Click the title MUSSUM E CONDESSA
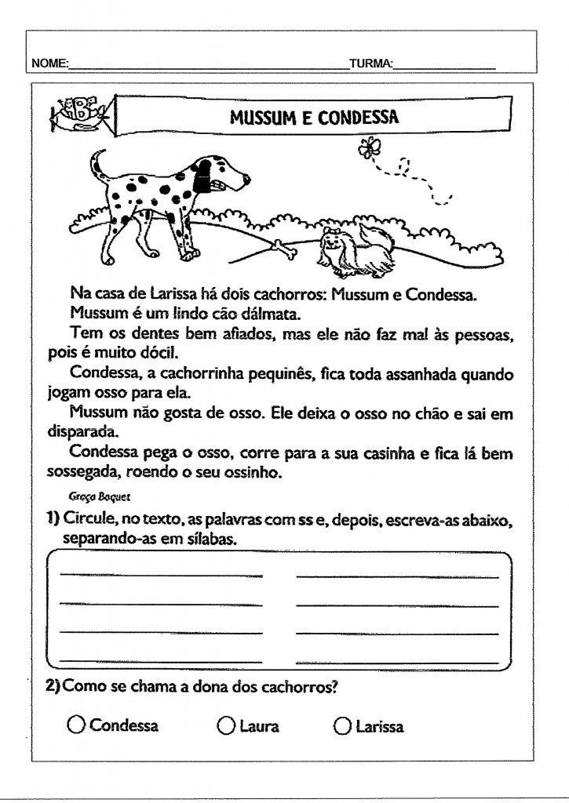point(314,118)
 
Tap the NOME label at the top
point(49,63)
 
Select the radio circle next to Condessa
point(77,725)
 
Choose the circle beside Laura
point(226,726)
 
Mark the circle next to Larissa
point(342,726)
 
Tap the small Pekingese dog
point(345,249)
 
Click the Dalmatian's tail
point(97,166)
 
